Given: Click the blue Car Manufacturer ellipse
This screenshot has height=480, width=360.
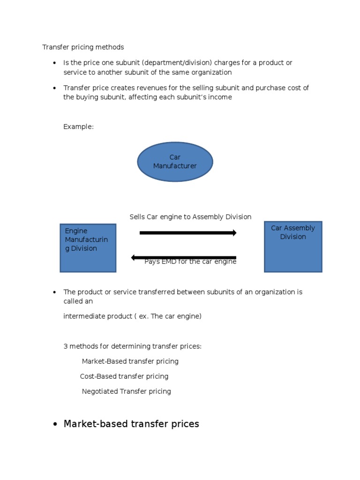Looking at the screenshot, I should (175, 162).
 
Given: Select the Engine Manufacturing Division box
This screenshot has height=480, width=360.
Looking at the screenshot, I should (88, 248).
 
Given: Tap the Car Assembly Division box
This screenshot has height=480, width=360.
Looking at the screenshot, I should (293, 247).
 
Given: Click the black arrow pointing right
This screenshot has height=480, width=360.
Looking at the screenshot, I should (188, 232).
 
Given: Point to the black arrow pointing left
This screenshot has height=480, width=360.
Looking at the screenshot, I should (183, 257).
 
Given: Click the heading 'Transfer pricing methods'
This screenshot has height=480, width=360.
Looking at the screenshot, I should (83, 47).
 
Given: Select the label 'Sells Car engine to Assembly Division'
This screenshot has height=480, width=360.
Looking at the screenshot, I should (190, 217).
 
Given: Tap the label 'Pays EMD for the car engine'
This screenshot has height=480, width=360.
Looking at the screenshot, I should (190, 262).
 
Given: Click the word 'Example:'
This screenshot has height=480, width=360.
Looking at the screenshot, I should (78, 127).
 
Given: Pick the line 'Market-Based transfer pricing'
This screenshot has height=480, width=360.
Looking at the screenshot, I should (130, 361).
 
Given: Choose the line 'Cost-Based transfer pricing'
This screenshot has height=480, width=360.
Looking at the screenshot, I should (124, 376).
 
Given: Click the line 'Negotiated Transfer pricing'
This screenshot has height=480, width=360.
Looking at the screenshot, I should (126, 391).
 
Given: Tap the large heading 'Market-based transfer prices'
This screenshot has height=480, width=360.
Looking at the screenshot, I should (131, 424).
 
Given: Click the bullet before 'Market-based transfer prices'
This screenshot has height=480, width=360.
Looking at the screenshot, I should (55, 425).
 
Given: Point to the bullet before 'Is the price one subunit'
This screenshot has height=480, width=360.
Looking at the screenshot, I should (55, 63).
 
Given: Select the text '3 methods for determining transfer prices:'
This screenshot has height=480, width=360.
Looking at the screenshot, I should (133, 346).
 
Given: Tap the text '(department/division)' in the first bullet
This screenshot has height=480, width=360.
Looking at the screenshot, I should (177, 63).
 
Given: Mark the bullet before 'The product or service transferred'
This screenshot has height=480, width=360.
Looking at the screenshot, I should (55, 292).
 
